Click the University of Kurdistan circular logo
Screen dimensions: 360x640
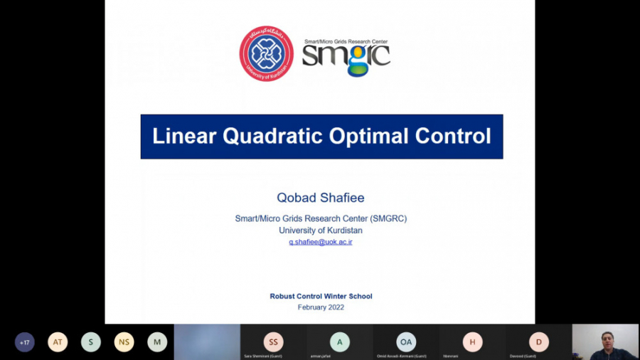click(x=266, y=54)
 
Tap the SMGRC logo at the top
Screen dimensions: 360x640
click(x=346, y=57)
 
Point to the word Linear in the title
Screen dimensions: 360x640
click(x=184, y=136)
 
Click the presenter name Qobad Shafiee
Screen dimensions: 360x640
click(x=321, y=197)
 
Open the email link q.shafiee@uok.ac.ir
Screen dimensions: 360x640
click(x=321, y=242)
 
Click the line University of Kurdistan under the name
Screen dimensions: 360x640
click(x=321, y=231)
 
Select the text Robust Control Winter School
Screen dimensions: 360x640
click(x=321, y=296)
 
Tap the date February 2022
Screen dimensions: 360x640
click(x=321, y=307)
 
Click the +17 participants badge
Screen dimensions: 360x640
click(x=25, y=342)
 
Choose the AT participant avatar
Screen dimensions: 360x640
click(x=58, y=342)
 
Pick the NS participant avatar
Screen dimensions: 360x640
click(x=124, y=342)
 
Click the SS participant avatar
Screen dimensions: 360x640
click(x=273, y=342)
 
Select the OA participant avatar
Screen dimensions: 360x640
click(x=406, y=342)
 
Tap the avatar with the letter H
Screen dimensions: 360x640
click(x=472, y=342)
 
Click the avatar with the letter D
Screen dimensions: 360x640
click(x=538, y=342)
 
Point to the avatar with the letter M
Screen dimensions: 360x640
click(x=157, y=342)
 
